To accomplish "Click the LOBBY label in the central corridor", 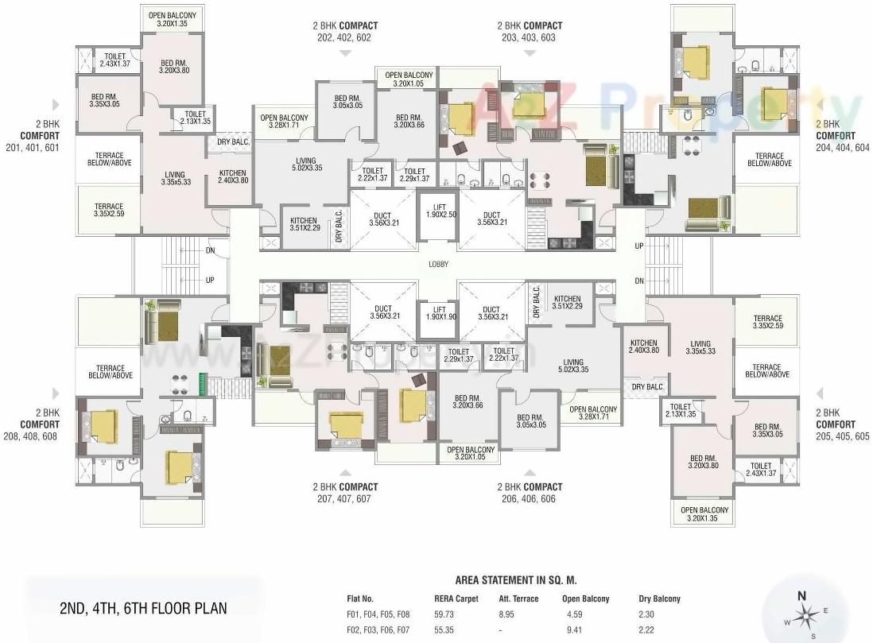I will click(x=438, y=265).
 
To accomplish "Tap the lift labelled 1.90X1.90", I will click(x=438, y=313).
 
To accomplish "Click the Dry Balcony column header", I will click(x=659, y=598).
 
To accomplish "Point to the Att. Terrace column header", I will click(x=518, y=598).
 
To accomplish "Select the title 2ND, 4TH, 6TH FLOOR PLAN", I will click(x=143, y=609).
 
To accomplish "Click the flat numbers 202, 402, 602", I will click(x=344, y=37).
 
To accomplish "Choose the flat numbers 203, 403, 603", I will click(x=529, y=37).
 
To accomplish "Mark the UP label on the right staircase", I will click(x=639, y=246).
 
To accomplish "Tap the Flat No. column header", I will click(x=360, y=598).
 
